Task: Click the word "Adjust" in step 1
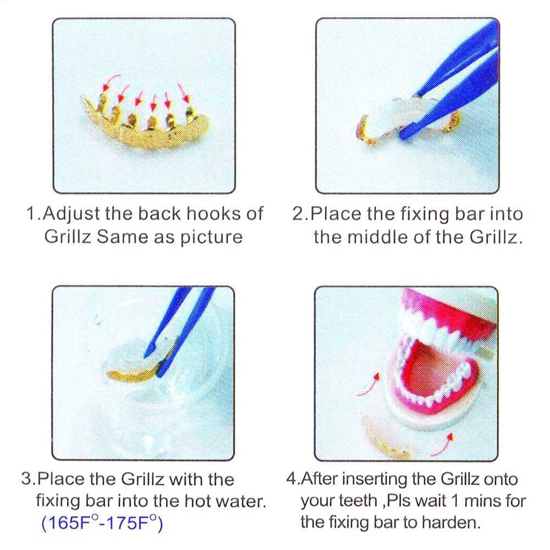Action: coord(69,214)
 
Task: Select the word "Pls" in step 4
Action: coord(399,501)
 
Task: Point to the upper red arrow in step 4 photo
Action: coord(369,384)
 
